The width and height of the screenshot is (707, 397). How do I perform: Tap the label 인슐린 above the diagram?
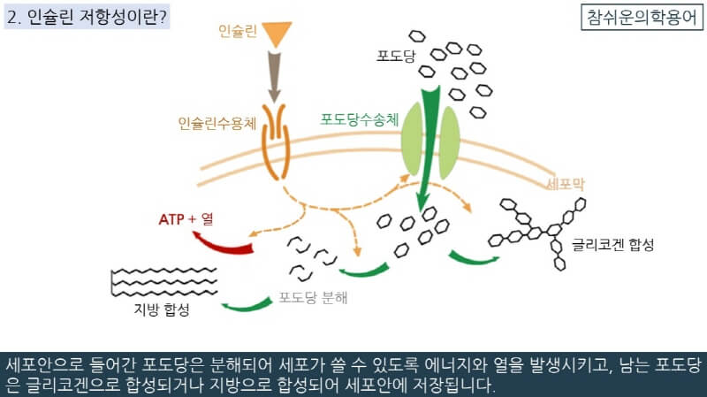[x=238, y=32]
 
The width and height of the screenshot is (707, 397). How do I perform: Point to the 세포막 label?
[x=566, y=184]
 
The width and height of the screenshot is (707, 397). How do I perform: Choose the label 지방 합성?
[x=156, y=309]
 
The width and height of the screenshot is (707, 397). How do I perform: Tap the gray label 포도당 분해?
[x=313, y=297]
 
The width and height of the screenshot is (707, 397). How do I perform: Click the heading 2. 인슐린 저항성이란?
[x=86, y=18]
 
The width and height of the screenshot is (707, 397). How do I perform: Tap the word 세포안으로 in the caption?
[x=44, y=364]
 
